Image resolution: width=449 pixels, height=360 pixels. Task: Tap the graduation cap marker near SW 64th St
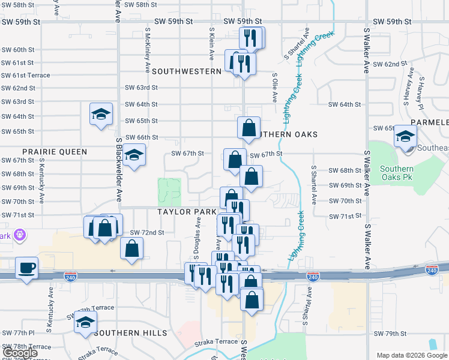pos(101,113)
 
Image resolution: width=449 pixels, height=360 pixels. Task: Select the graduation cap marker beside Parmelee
pos(406,136)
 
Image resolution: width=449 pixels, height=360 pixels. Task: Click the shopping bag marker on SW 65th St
pos(249,127)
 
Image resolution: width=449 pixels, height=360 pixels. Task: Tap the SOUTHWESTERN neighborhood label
pos(187,71)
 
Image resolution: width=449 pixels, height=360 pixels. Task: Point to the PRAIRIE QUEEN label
pos(55,152)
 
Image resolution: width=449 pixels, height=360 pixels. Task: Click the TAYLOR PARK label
pos(187,212)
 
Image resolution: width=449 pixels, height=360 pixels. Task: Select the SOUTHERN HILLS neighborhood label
pos(126,333)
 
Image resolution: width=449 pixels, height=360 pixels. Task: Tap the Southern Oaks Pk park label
pos(397,173)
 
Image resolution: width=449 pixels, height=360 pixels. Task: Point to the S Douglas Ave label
pos(197,230)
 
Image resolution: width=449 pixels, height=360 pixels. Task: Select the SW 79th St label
pos(390,334)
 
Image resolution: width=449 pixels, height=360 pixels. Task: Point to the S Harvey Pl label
pos(421,93)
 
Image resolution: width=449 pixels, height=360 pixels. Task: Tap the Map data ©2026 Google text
pos(411,355)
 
